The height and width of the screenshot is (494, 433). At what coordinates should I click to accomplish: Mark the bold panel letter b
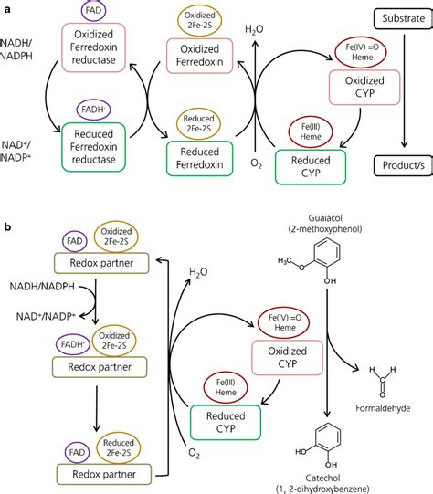[x=8, y=223]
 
